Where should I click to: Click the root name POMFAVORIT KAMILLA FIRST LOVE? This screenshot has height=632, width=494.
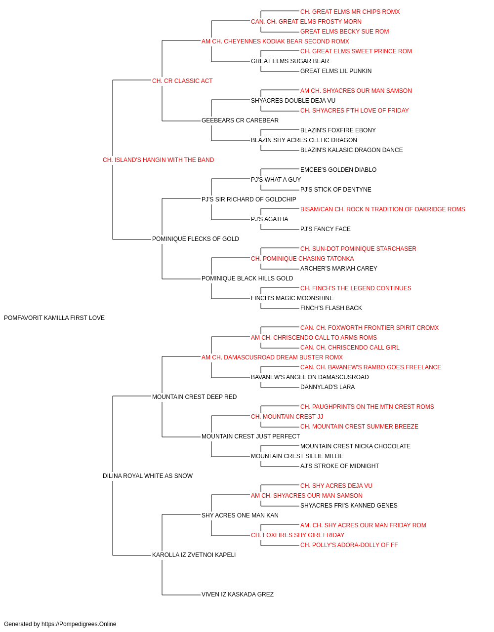coord(54,318)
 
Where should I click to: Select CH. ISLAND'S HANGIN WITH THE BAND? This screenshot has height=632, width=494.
coord(158,160)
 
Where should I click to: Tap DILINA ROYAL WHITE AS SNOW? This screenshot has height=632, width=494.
coord(148,476)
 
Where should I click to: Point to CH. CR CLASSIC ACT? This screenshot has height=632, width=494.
coord(182,81)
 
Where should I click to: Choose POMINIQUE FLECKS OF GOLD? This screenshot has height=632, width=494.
coord(195,239)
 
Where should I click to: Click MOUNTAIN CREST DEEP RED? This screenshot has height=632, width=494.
coord(194,396)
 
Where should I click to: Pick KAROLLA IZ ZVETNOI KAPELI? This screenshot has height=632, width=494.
coord(194,554)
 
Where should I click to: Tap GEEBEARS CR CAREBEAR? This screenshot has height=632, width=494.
coord(240,120)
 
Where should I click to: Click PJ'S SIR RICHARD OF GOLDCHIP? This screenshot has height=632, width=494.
coord(249,199)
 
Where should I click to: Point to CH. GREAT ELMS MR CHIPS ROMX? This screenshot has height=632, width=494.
coord(350,12)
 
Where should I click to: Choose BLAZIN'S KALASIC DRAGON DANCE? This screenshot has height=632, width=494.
coord(351,150)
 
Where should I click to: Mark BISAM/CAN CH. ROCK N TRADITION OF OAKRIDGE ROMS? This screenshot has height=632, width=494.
coord(382,209)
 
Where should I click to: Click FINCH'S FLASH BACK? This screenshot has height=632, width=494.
coord(331,308)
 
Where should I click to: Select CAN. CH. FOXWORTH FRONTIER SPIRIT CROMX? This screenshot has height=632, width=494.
coord(370,327)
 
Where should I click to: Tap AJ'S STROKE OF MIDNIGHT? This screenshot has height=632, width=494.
coord(339,466)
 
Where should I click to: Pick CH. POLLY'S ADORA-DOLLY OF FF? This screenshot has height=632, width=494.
coord(349,545)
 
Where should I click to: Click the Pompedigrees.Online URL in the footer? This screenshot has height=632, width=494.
coord(79,624)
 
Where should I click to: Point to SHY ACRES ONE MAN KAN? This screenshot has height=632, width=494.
coord(240,515)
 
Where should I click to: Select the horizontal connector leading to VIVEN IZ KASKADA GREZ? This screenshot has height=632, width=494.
coord(181,595)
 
